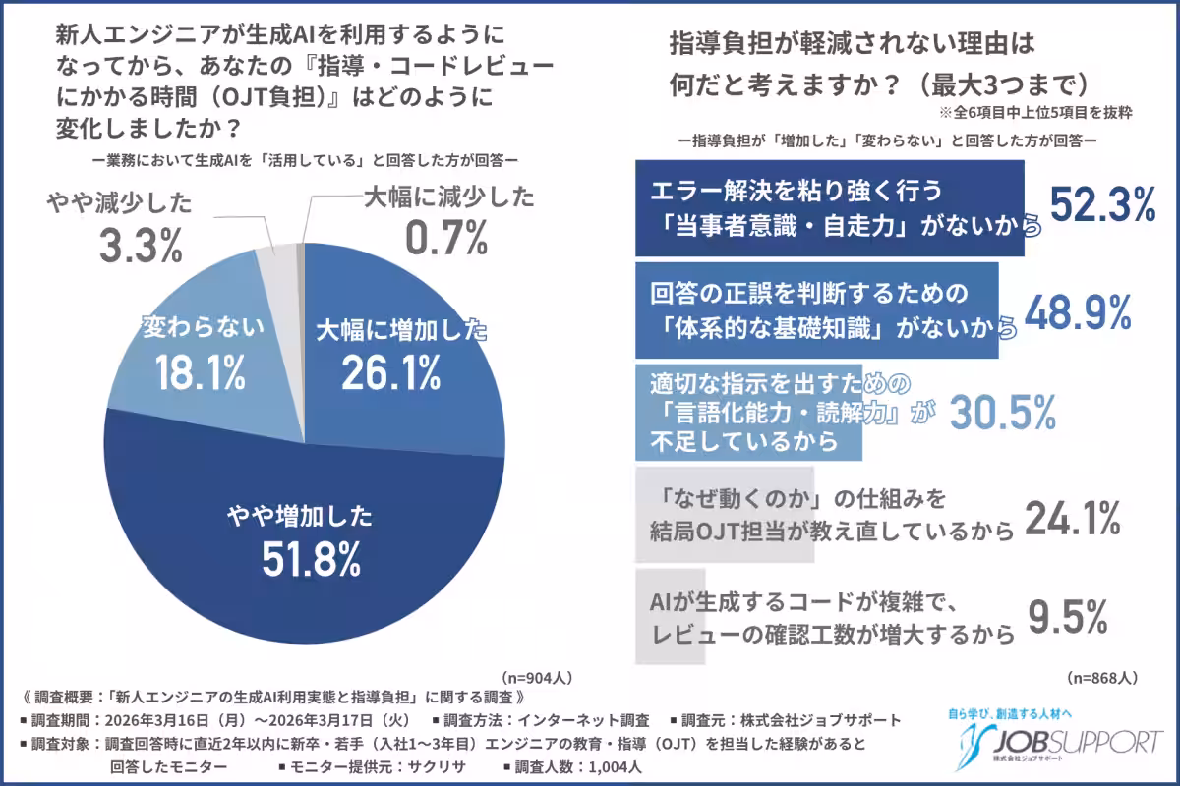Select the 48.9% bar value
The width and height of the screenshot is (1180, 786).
point(1078,312)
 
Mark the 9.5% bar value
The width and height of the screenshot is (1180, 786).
point(1068,618)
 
